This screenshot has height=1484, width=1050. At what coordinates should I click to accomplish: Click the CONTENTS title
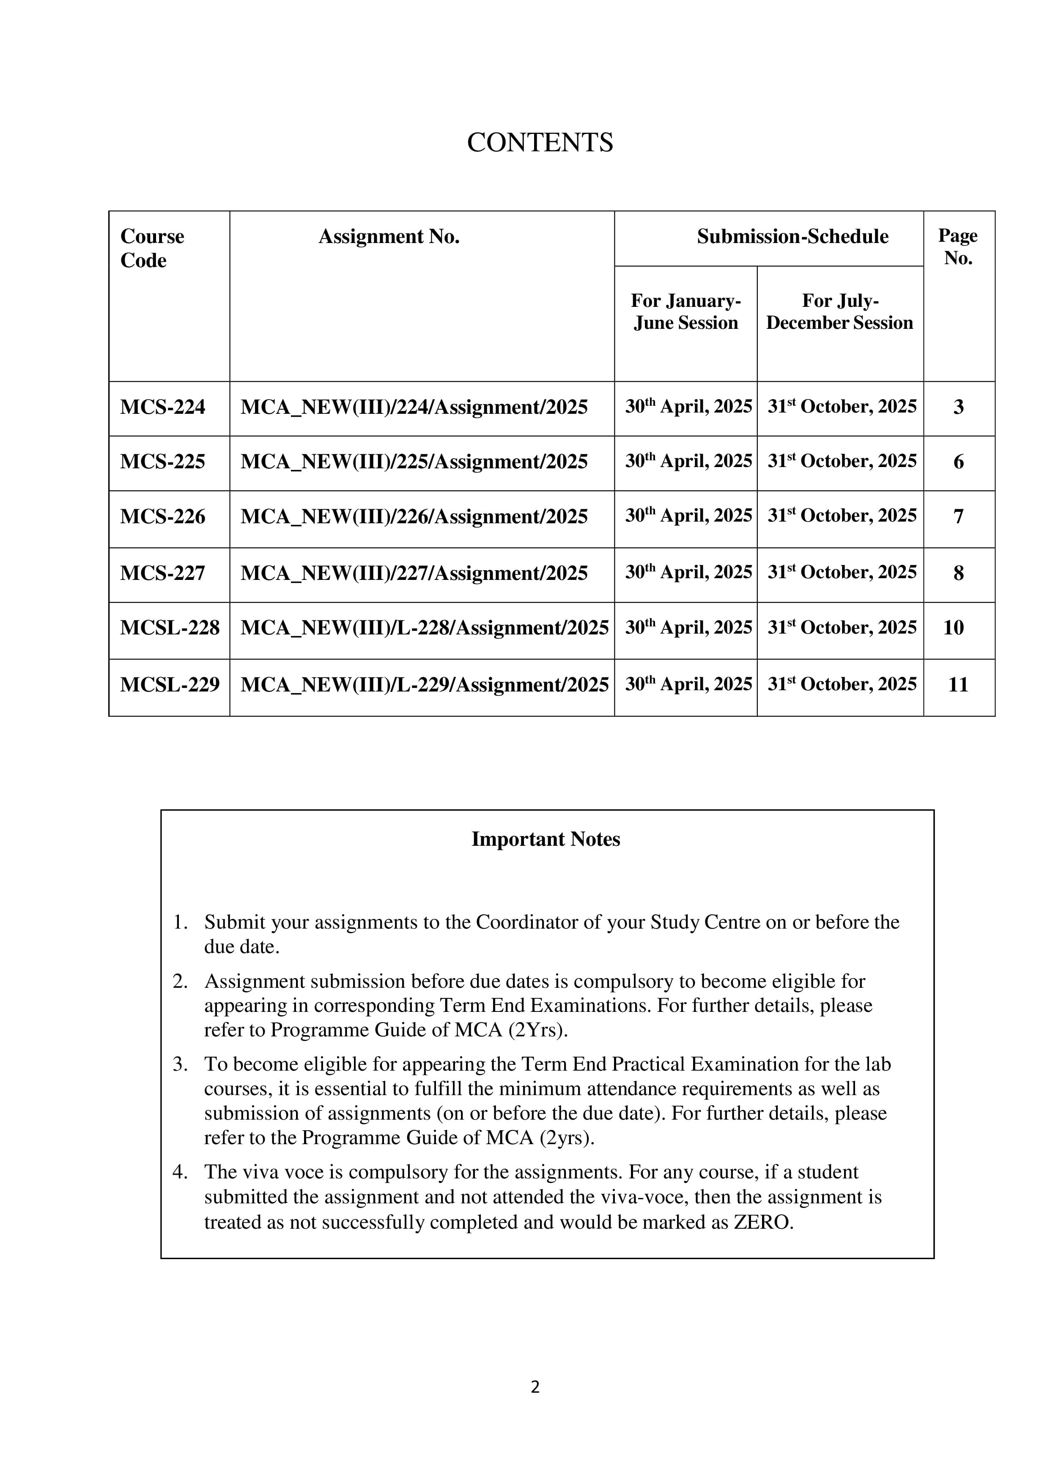coord(540,142)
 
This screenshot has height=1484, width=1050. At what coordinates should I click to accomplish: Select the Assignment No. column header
coord(389,237)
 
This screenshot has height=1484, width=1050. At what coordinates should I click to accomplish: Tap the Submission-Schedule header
coord(792,237)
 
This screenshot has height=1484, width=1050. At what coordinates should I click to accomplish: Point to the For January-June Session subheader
coord(685,312)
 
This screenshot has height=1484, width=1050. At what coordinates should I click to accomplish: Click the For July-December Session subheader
coord(839,312)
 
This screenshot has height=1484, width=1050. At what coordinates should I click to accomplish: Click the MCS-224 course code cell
coord(162,407)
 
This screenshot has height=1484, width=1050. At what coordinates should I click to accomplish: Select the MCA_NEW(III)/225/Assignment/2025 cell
coord(414,462)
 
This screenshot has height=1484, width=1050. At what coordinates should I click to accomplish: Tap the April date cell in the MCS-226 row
coord(688,516)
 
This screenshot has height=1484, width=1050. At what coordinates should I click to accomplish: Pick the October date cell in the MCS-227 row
coord(842,573)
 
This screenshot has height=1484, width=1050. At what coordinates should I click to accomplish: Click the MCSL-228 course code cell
coord(170,628)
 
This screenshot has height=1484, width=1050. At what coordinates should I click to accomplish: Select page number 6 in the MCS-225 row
coord(958,462)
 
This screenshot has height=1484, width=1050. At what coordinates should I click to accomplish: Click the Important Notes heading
coord(545,839)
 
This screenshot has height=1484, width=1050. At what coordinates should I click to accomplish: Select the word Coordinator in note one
coord(526,922)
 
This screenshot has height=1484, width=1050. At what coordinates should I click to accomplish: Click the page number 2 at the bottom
coord(535,1387)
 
